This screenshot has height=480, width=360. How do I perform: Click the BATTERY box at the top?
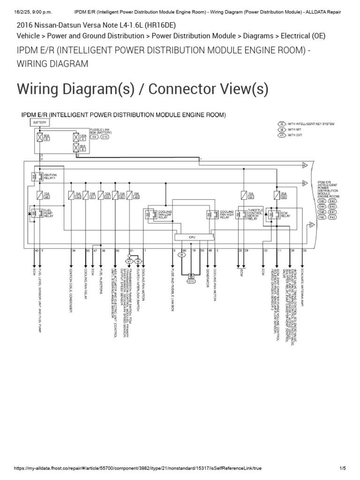tap(38, 122)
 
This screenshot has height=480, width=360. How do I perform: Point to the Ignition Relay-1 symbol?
tap(34, 177)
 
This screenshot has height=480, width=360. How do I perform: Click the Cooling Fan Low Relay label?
tap(165, 215)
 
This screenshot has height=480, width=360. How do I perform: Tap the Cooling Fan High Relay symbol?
tap(210, 215)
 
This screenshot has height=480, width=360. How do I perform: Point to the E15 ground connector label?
tap(191, 282)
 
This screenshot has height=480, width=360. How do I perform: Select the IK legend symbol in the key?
tap(282, 124)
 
